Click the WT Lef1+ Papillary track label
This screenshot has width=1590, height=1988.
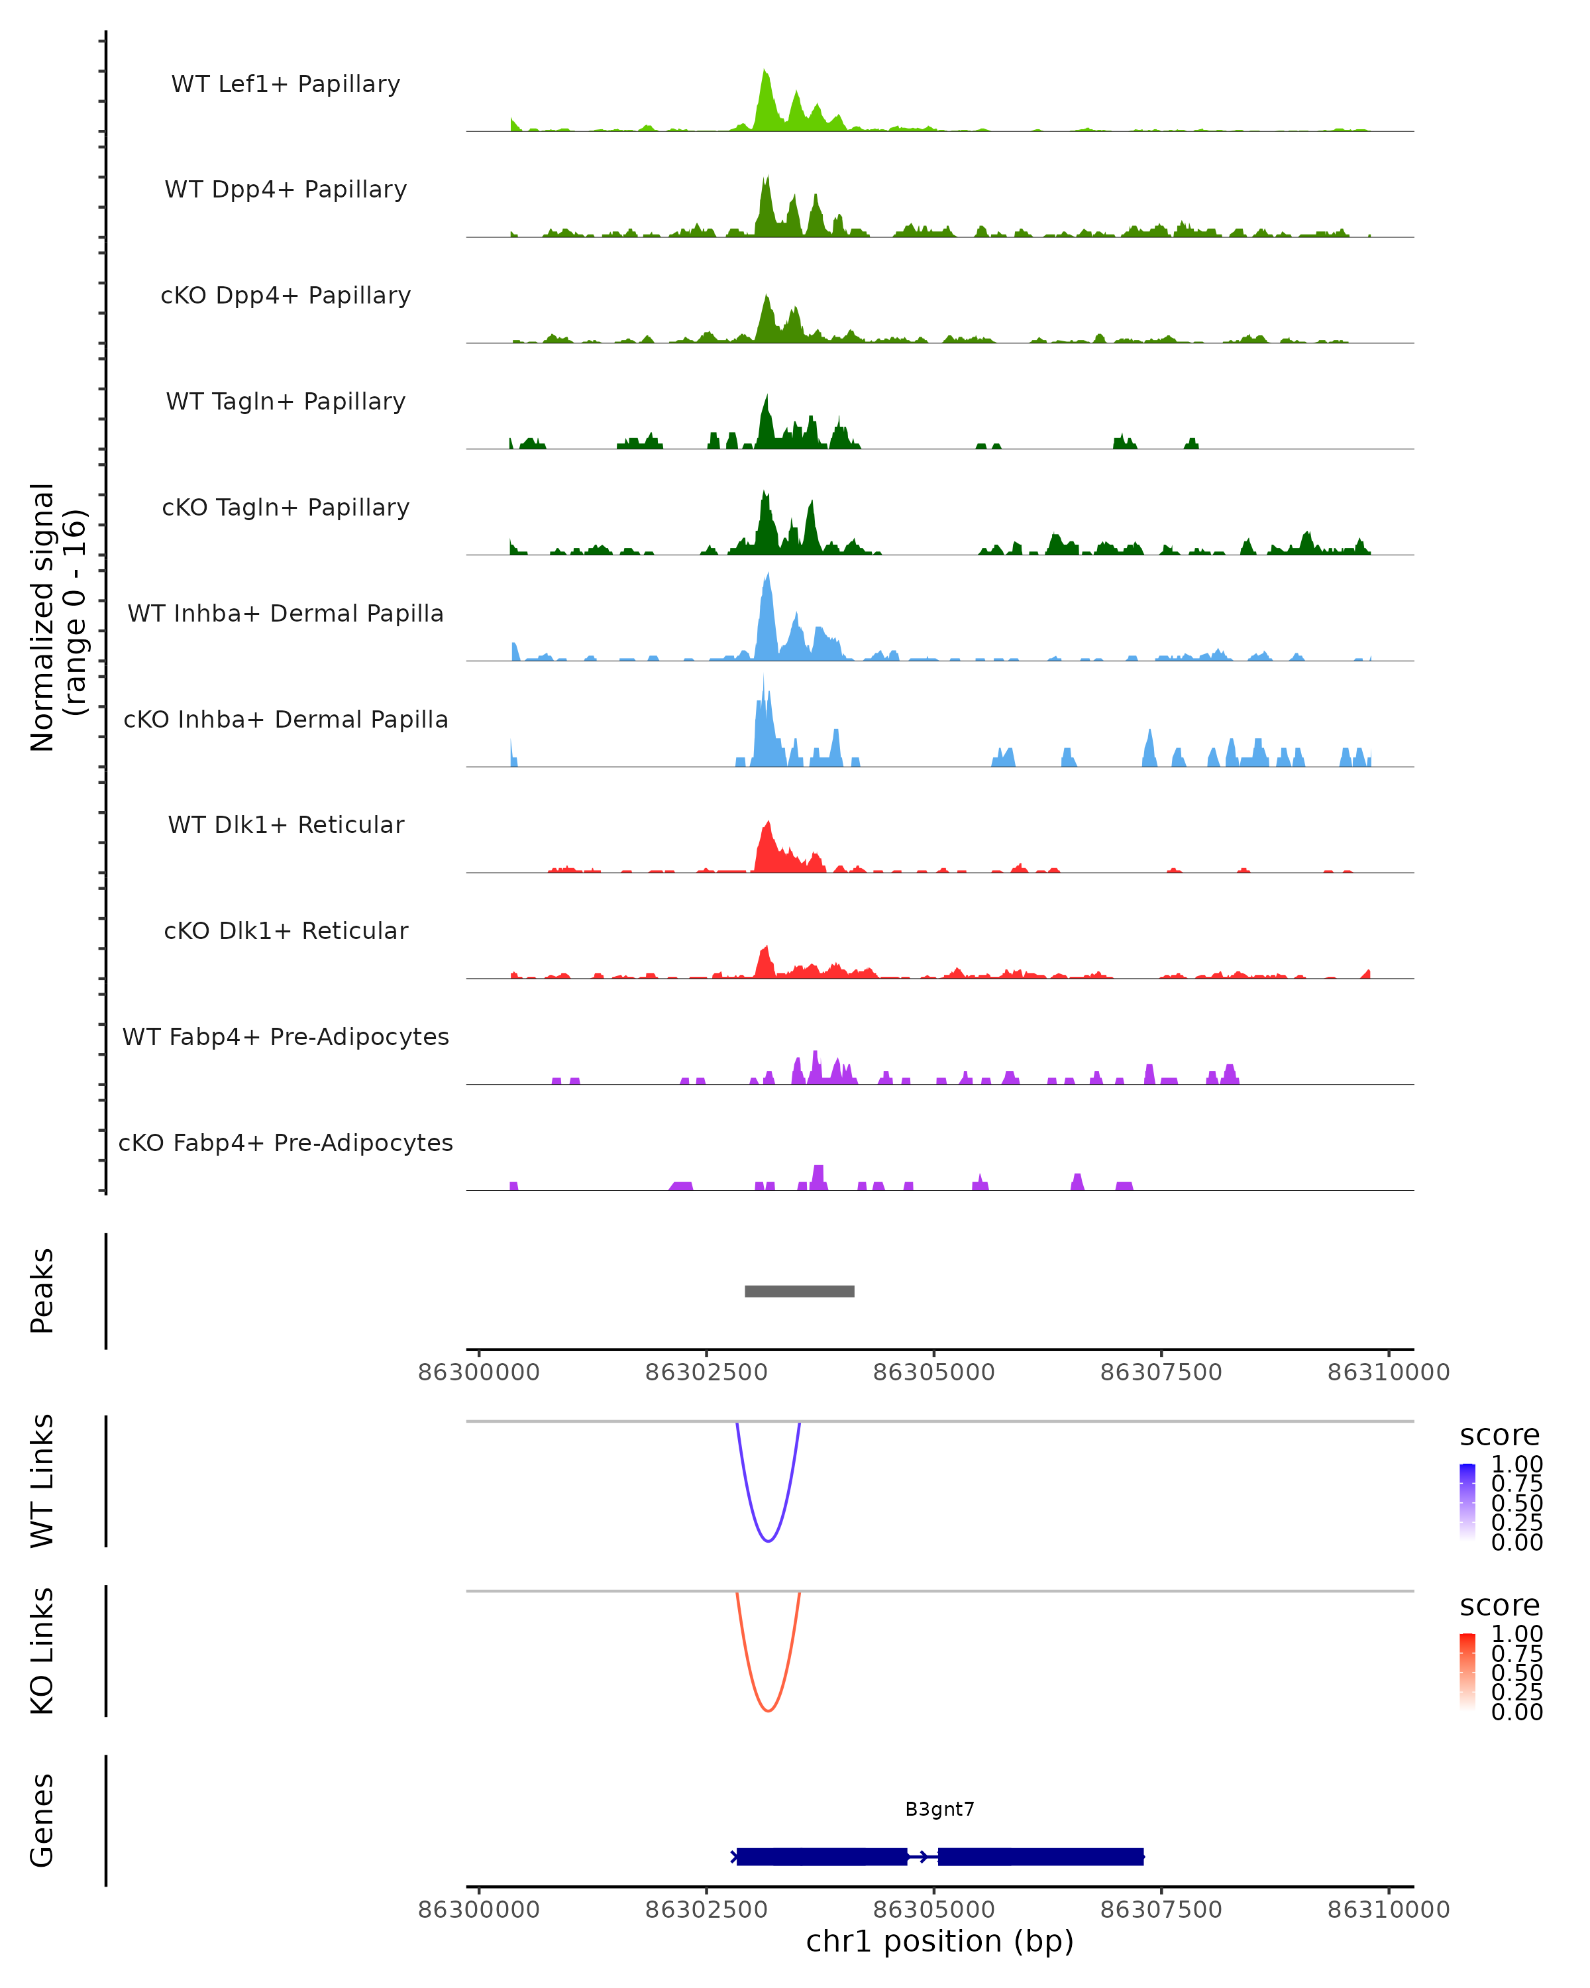pyautogui.click(x=286, y=84)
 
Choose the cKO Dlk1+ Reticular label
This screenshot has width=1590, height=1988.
pyautogui.click(x=286, y=930)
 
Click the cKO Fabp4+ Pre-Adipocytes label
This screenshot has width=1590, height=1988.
pyautogui.click(x=286, y=1142)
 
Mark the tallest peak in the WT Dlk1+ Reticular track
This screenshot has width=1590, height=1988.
pyautogui.click(x=768, y=825)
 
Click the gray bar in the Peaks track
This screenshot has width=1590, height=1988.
pyautogui.click(x=799, y=1291)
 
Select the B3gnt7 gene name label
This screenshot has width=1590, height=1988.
pyautogui.click(x=939, y=1809)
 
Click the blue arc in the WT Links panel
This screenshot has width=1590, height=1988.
pyautogui.click(x=768, y=1540)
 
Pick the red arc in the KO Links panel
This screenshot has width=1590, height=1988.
pyautogui.click(x=768, y=1710)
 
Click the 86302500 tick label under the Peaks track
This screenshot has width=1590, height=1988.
pyautogui.click(x=706, y=1372)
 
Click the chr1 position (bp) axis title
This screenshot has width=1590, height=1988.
pyautogui.click(x=939, y=1941)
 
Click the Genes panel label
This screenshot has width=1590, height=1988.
pyautogui.click(x=42, y=1820)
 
